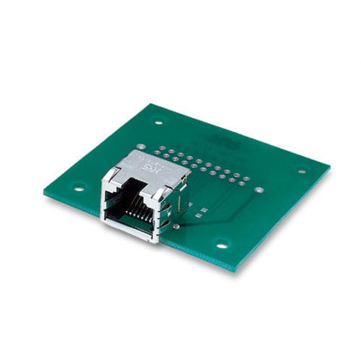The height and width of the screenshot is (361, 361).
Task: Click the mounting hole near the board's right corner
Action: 302,171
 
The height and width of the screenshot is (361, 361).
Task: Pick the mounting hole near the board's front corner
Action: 222,244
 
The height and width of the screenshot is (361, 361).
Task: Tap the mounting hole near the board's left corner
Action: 79,187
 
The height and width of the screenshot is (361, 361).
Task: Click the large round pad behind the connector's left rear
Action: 141,147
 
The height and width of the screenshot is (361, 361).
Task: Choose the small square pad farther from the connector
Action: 205,211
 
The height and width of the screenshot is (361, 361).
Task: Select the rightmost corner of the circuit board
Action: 330,168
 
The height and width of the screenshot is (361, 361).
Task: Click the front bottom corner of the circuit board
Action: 233,271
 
